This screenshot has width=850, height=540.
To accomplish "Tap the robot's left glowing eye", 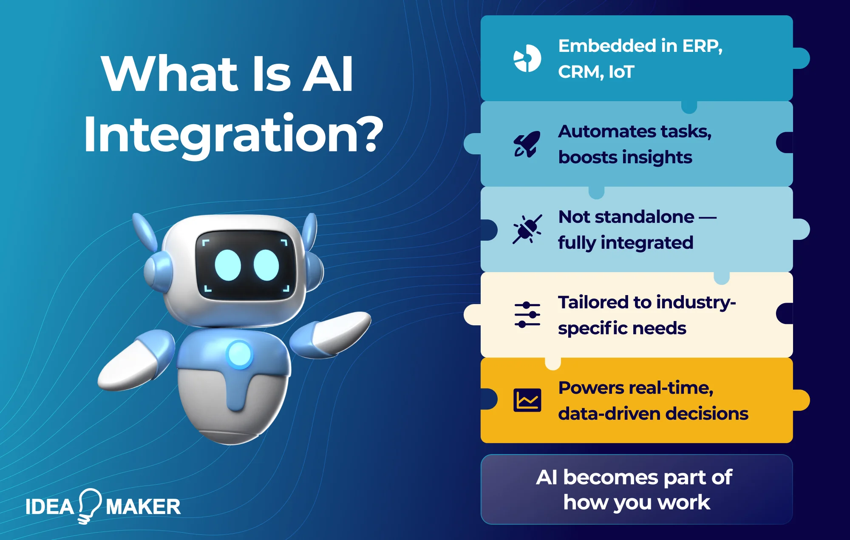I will (x=228, y=265).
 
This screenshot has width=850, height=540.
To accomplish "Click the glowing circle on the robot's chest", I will (x=239, y=354).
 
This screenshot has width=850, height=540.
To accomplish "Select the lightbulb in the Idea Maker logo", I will (x=89, y=505).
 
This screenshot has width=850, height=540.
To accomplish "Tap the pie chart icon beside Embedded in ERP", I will (x=527, y=58).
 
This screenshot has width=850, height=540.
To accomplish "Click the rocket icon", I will (x=527, y=144).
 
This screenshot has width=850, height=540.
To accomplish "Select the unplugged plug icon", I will (x=527, y=229).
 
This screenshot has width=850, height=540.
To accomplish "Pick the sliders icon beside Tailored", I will (x=527, y=315).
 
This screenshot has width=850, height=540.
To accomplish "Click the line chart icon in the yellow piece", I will (x=527, y=400).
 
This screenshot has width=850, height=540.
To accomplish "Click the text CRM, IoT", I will (x=596, y=72).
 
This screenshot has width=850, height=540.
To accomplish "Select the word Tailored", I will (x=593, y=302).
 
